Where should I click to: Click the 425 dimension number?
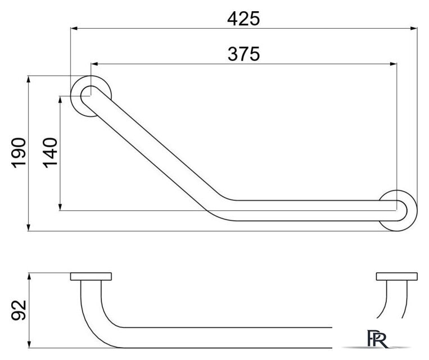[243, 19]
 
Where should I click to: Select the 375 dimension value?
[243, 54]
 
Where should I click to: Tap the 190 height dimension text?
[19, 153]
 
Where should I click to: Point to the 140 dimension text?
[50, 153]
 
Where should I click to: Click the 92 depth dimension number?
[19, 310]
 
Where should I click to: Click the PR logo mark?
[377, 339]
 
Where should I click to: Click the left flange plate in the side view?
[91, 277]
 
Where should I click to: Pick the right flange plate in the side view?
[397, 277]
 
